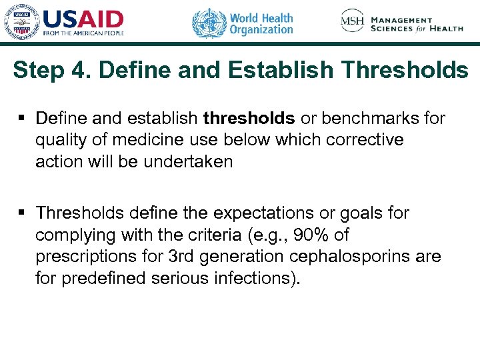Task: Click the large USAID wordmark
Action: [83, 19]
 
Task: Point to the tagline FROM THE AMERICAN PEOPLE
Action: [83, 33]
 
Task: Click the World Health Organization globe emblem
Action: [209, 23]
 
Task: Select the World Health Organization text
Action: [261, 23]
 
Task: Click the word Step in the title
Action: [41, 70]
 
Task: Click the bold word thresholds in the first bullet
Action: [249, 119]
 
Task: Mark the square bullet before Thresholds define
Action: [23, 213]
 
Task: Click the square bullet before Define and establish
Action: [23, 119]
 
